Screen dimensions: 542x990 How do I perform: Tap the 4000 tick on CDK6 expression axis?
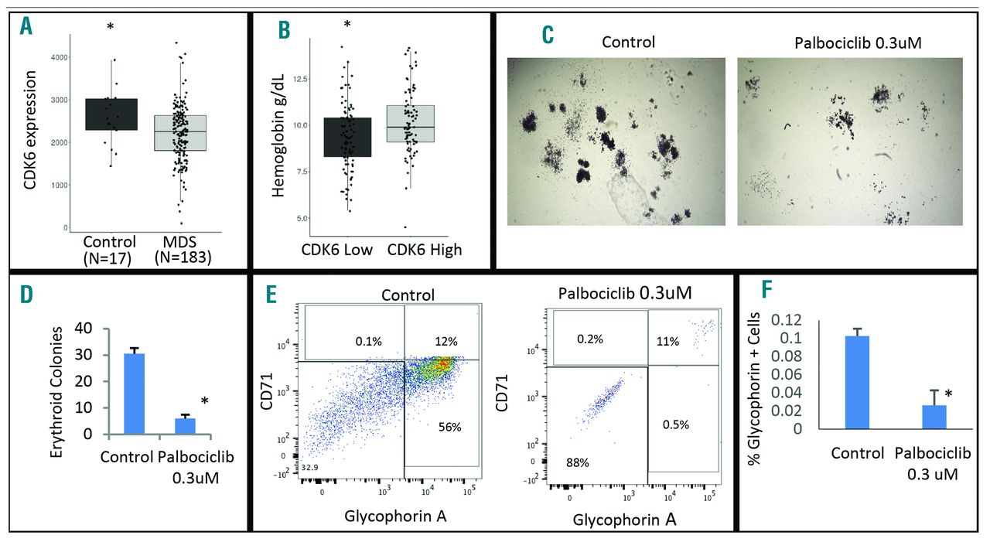59,58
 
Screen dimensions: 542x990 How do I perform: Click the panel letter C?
548,33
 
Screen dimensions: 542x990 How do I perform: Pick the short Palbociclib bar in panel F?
913,416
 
